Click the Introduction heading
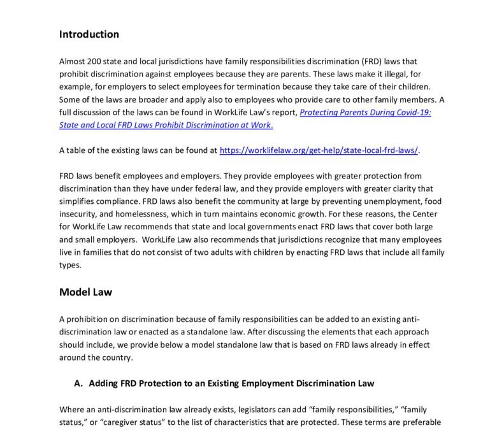click(89, 34)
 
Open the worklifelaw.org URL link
click(319, 151)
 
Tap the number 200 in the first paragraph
click(97, 61)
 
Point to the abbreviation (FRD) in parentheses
click(369, 61)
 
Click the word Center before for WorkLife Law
click(428, 213)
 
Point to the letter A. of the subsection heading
click(79, 383)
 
